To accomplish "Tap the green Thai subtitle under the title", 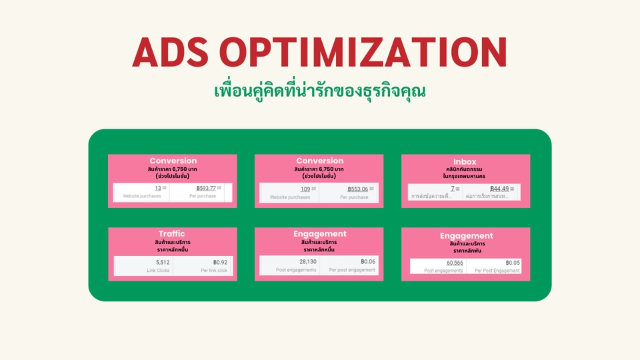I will (319, 90).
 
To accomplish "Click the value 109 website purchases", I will (305, 189).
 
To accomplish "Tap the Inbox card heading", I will (465, 162).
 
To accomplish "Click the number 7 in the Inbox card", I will (453, 189).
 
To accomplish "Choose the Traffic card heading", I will (172, 234).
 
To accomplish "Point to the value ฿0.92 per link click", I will (220, 262).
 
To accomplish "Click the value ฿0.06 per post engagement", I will (368, 261).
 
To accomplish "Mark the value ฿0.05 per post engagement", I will (512, 263).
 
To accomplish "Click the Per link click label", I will (214, 271).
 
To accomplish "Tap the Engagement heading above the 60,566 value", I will (466, 236).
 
